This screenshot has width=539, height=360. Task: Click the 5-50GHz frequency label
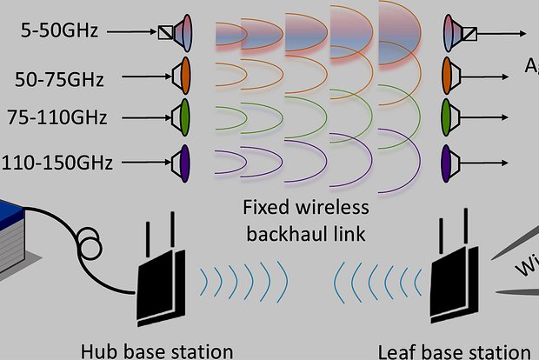click(61, 31)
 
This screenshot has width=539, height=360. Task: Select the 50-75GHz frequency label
click(60, 80)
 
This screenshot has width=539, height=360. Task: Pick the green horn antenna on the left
click(183, 116)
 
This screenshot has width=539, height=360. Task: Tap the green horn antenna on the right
click(449, 116)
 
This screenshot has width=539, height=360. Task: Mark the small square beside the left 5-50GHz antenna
click(164, 34)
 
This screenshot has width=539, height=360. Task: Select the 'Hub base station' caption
click(156, 350)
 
